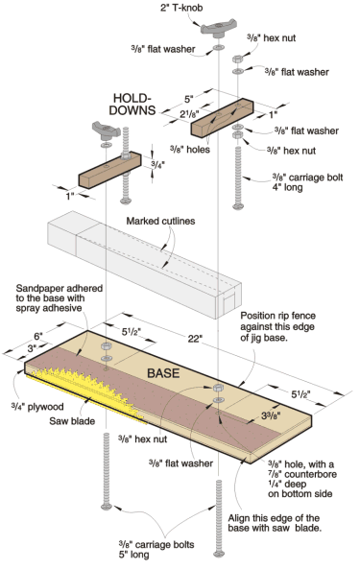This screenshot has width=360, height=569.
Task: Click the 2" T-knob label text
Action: (x=181, y=8)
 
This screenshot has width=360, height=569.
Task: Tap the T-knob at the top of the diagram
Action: (x=219, y=30)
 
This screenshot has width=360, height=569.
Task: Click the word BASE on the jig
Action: (x=163, y=373)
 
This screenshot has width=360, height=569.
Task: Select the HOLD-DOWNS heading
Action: (x=132, y=105)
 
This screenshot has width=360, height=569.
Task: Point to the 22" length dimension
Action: (x=195, y=339)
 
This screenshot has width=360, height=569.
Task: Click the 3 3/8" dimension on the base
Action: (x=271, y=415)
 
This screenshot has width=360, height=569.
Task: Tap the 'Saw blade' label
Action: (x=72, y=421)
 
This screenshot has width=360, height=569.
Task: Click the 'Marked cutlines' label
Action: (x=160, y=221)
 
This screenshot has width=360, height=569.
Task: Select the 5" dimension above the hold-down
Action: (x=189, y=99)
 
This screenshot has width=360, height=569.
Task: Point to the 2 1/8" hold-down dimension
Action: (x=189, y=114)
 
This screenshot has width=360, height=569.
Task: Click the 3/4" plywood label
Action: (x=37, y=407)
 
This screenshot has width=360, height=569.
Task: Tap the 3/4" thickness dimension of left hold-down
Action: (x=157, y=164)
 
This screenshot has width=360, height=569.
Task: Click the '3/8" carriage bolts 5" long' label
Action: (x=156, y=550)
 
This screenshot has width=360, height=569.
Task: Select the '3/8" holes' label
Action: (x=190, y=149)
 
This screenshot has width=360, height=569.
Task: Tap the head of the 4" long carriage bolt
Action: (x=238, y=206)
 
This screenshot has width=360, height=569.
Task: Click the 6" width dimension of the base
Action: (x=38, y=335)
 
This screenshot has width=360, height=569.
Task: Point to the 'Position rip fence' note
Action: (x=277, y=326)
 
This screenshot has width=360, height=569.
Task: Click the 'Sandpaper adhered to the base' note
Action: (x=60, y=298)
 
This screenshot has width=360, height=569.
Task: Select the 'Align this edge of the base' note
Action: (x=275, y=523)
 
